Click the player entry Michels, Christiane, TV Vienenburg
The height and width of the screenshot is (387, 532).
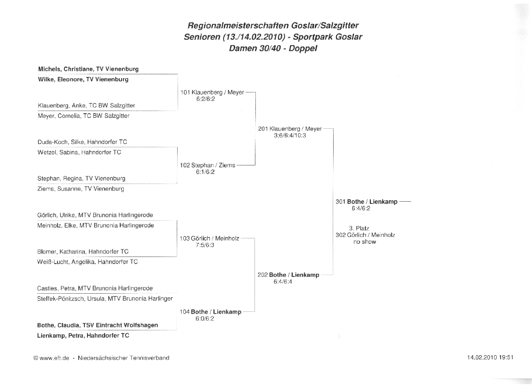[x=88, y=69]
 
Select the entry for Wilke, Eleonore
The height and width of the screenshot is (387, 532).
[x=83, y=80]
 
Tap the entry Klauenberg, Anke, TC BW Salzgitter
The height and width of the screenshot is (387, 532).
[x=87, y=106]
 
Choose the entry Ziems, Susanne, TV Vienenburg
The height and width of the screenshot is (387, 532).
[x=81, y=189]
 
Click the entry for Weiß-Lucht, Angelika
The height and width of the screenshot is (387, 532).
[x=87, y=262]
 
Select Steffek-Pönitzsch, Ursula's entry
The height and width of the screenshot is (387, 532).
[x=105, y=299]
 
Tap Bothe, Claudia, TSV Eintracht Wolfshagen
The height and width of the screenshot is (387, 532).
[x=97, y=325]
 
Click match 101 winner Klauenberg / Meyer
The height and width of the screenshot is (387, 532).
[x=212, y=92]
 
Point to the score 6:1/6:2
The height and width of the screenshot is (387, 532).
[x=205, y=172]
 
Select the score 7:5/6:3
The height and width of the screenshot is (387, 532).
[x=205, y=245]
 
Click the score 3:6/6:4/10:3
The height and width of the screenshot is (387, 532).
[x=290, y=135]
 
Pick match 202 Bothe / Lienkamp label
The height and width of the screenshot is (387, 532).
[x=289, y=275]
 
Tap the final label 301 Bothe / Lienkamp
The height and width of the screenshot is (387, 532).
[x=366, y=202]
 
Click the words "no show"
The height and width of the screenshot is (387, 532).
[x=365, y=242]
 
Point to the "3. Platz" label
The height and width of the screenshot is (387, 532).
[x=359, y=229]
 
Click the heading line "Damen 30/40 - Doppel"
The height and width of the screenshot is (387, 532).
[x=273, y=49]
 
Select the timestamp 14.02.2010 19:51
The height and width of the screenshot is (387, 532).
[x=490, y=357]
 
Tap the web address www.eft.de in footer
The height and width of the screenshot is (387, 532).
[x=54, y=358]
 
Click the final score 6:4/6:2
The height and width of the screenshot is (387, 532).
[x=361, y=208]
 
